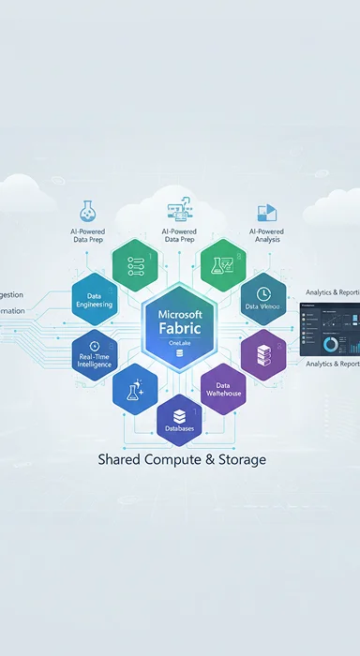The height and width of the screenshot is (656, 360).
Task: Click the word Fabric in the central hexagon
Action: (x=181, y=328)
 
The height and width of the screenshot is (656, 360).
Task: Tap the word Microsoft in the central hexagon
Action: (x=181, y=311)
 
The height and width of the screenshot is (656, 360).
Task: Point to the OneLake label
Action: (x=180, y=344)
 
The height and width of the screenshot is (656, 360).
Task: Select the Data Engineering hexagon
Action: (x=94, y=300)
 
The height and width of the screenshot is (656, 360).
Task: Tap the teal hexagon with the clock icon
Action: (x=263, y=299)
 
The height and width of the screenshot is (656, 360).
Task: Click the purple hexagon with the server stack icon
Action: (x=263, y=354)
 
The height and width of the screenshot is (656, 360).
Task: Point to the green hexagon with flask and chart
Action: (x=223, y=264)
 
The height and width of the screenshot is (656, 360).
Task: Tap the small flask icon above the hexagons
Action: (x=87, y=210)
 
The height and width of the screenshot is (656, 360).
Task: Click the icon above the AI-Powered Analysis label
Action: (x=267, y=212)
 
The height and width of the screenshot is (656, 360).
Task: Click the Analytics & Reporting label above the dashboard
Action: (x=333, y=293)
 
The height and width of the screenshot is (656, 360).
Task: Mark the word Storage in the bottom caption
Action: (x=239, y=460)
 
